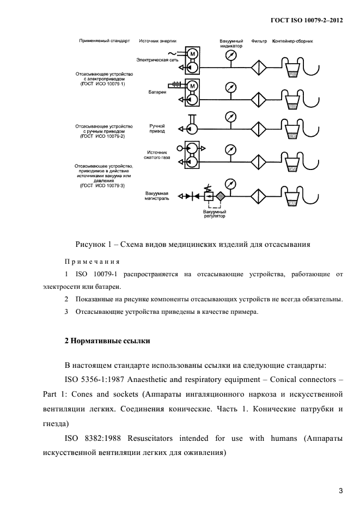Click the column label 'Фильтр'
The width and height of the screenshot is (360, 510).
[x=259, y=41]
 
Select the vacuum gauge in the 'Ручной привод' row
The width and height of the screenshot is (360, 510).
[x=231, y=117]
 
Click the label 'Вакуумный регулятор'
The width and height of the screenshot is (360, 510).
[x=214, y=214]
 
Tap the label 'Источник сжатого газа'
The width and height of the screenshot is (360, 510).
[x=158, y=155]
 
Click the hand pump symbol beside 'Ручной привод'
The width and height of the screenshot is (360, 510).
[x=191, y=129]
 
